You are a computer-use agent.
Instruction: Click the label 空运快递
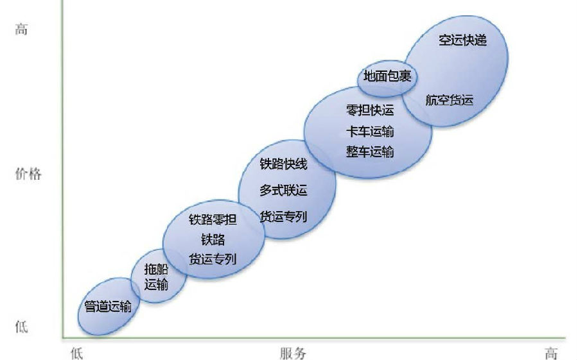click(462, 40)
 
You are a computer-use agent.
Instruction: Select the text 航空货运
click(450, 100)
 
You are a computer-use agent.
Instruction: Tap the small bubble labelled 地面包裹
click(387, 78)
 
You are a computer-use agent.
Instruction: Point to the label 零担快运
click(370, 110)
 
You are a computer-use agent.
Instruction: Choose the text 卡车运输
click(370, 132)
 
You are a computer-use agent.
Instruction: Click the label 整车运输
click(370, 151)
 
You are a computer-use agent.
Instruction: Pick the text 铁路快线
click(283, 164)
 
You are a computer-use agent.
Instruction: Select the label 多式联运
click(283, 191)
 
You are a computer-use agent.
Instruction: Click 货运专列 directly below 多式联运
click(283, 216)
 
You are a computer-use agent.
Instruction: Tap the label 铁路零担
click(213, 219)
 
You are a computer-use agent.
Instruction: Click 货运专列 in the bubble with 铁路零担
click(213, 259)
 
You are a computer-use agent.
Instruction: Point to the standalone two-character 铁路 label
click(213, 240)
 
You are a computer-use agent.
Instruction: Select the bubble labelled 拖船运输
click(159, 277)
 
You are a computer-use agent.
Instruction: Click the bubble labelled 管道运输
click(109, 307)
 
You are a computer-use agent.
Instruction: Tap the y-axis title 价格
click(28, 173)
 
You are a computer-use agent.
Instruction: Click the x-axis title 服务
click(293, 353)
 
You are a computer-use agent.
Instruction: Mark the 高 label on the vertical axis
click(21, 29)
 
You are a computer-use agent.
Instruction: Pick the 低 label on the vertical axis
click(21, 327)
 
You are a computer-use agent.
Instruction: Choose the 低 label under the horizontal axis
click(76, 353)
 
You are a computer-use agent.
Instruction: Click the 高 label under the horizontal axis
click(551, 353)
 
